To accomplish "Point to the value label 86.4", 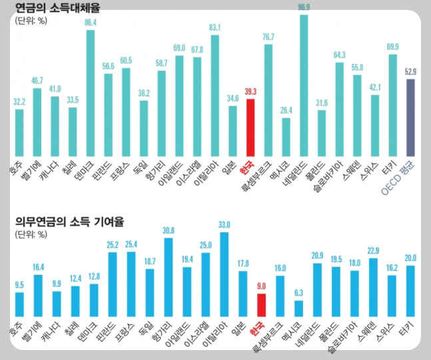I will tap(91, 23).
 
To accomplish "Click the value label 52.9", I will tap(411, 72).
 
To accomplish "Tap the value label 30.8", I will tap(169, 230).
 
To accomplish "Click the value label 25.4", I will tap(131, 244).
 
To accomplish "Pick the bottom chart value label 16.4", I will tap(38, 268).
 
